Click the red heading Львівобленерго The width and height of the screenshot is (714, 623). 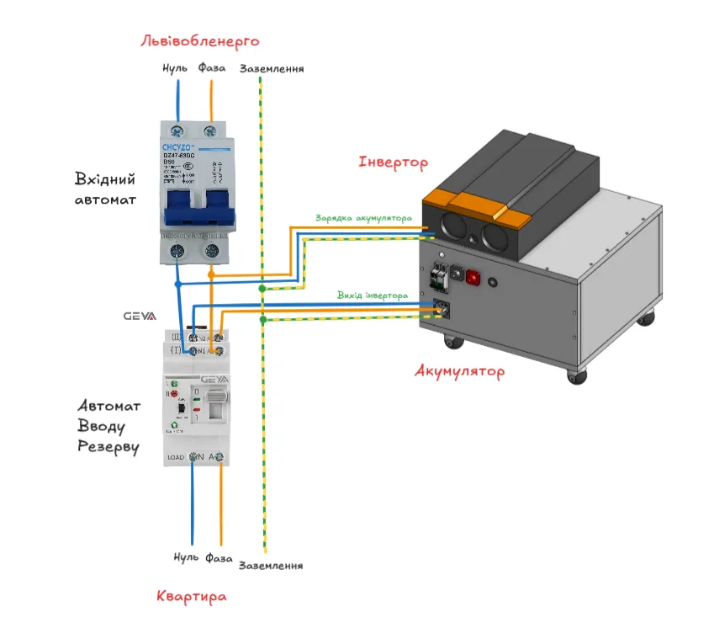(x=199, y=40)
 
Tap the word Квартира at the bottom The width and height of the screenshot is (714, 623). (x=192, y=597)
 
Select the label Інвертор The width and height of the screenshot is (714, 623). (x=393, y=162)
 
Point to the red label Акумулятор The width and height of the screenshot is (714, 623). (x=460, y=370)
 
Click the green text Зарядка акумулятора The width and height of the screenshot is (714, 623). (x=363, y=218)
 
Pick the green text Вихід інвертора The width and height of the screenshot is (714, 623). (x=372, y=296)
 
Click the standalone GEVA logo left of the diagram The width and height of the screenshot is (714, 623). (x=140, y=317)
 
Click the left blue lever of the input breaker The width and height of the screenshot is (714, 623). (x=179, y=208)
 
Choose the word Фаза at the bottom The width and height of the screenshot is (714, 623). (x=216, y=557)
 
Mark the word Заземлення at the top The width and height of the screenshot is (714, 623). (x=272, y=69)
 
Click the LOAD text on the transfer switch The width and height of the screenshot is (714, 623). (x=177, y=457)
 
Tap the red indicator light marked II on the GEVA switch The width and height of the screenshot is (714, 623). (x=174, y=393)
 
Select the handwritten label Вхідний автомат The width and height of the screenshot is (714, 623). (x=105, y=189)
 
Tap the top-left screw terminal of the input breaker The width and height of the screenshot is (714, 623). (x=177, y=130)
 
